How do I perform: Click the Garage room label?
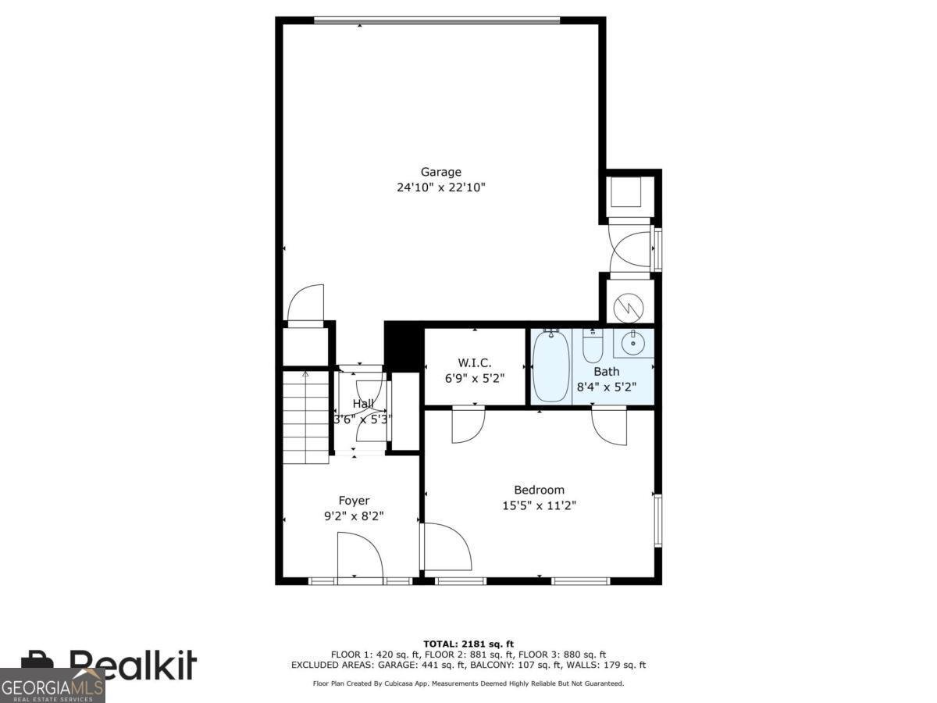[440, 172]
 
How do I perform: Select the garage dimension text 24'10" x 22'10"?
[440, 187]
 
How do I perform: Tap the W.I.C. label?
[474, 362]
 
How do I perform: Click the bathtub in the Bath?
[552, 366]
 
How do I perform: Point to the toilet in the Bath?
[593, 346]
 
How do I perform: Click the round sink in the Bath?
[632, 342]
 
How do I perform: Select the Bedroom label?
[539, 490]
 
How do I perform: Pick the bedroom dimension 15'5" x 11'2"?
[539, 505]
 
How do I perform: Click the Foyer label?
[354, 501]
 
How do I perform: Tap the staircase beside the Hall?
[306, 418]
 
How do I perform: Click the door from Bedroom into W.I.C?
[468, 423]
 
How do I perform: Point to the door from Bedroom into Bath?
[609, 426]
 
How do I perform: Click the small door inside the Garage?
[305, 305]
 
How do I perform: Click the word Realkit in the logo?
[133, 666]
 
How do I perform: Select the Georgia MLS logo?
[52, 686]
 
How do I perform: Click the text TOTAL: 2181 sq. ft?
[468, 644]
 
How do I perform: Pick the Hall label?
[362, 404]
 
